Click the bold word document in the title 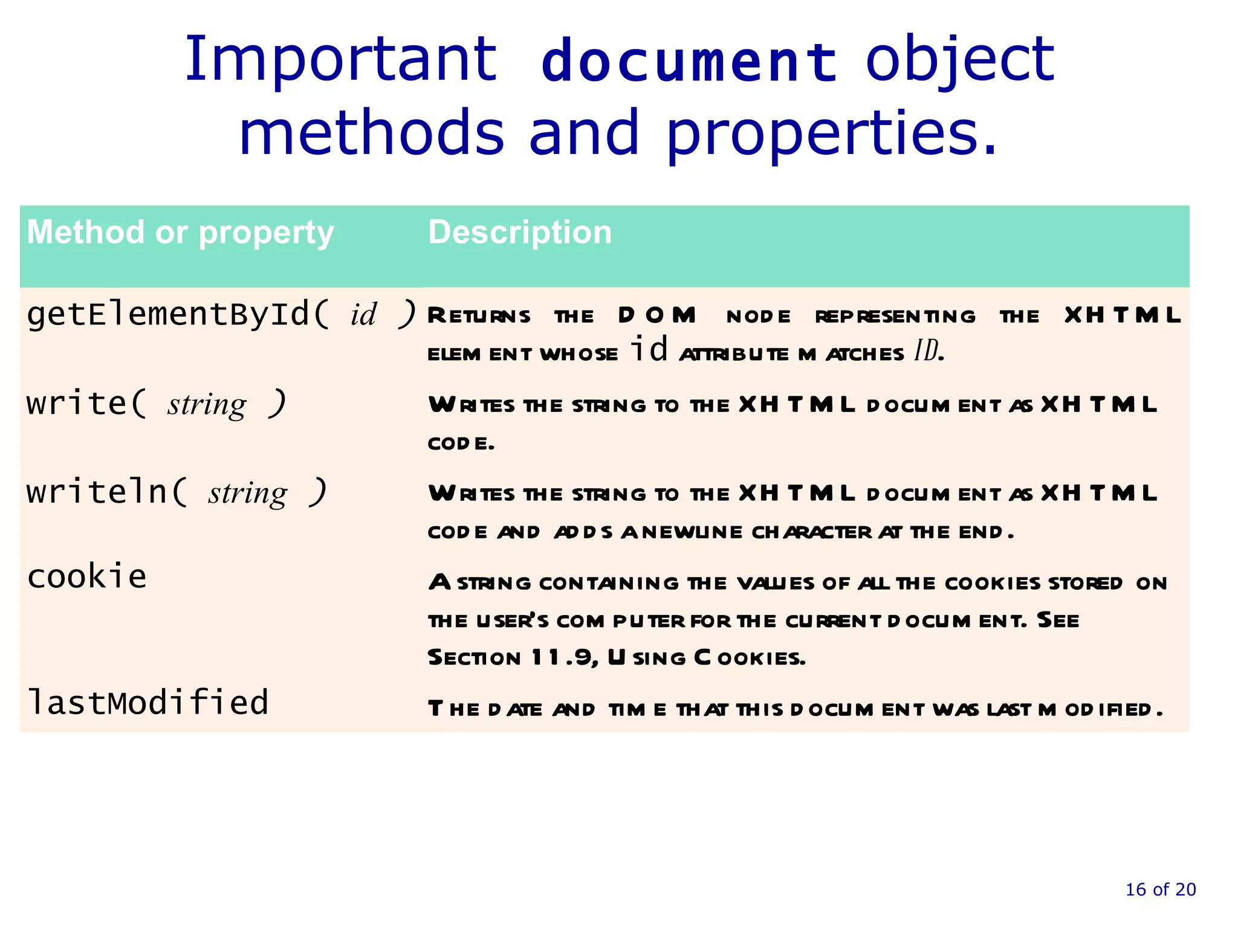tap(689, 61)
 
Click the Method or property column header tap(180, 233)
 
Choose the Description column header tap(520, 233)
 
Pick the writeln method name tap(97, 491)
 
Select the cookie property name tap(87, 576)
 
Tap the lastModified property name tap(148, 702)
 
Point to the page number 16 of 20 tap(1160, 889)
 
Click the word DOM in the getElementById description tap(657, 315)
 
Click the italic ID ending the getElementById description tap(927, 350)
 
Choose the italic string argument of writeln tap(248, 493)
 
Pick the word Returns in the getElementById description tap(479, 315)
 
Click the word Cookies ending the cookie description tap(750, 657)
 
